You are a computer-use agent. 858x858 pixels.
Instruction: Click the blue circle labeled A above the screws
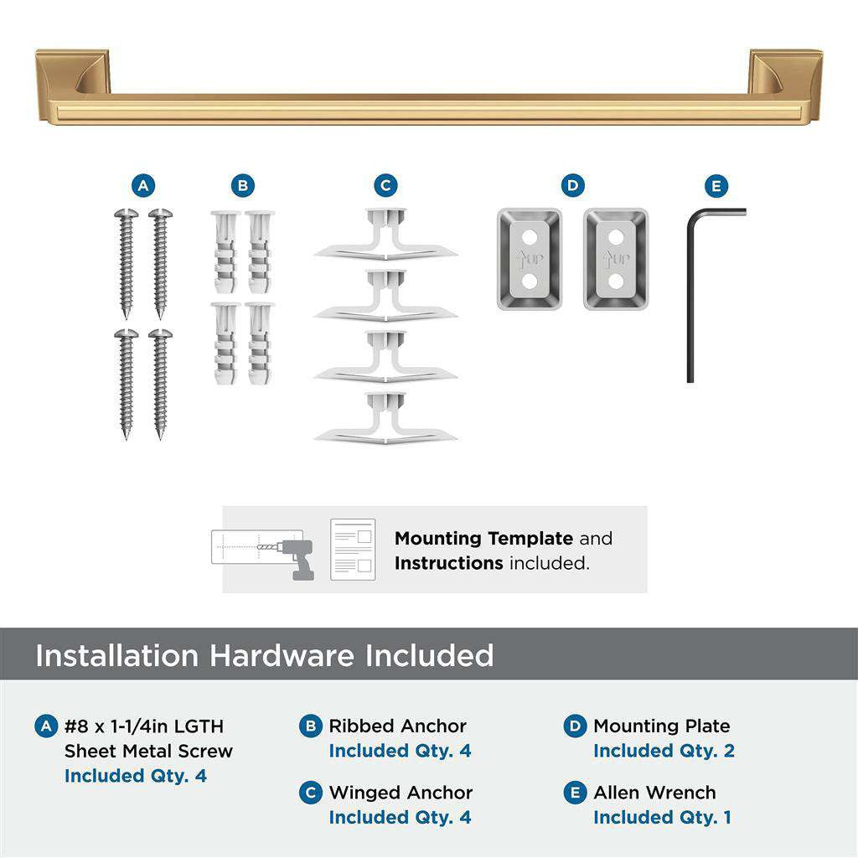coord(143,186)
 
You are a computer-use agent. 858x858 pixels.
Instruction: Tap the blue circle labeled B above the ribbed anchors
coord(242,186)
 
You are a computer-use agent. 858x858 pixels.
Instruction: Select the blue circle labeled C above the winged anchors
coord(385,186)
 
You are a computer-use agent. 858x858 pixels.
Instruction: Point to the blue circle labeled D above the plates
coord(572,186)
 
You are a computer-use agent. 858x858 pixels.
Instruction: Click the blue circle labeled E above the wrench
coord(716,186)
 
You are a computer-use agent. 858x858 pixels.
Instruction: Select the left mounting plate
coord(529,259)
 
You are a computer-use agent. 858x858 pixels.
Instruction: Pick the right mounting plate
coord(616,259)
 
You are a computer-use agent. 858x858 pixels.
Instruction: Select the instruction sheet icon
coord(353,550)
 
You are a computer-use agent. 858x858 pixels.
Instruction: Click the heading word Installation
coord(117,655)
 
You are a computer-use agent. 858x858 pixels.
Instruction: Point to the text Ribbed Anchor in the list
coord(397,726)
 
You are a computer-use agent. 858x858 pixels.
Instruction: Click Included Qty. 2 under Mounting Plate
coord(664,751)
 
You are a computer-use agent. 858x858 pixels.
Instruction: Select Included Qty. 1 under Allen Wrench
coord(662,817)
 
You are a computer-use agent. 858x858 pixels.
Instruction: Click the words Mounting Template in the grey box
coord(483,539)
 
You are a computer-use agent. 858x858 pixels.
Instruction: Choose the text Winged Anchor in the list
coord(401,793)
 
